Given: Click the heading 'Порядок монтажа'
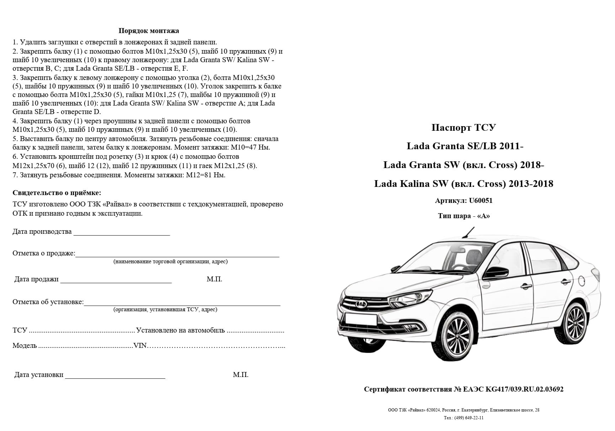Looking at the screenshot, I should [x=149, y=31].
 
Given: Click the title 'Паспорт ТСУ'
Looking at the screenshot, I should [x=464, y=128].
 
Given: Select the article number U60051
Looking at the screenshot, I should [x=481, y=200].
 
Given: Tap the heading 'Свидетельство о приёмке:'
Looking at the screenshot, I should [x=57, y=193].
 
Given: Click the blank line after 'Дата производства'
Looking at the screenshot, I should [x=122, y=233].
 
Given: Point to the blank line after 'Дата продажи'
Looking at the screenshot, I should [x=116, y=281].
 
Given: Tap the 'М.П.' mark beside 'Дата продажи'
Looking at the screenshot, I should [x=214, y=279].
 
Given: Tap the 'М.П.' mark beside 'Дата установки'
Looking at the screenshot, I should [x=241, y=375].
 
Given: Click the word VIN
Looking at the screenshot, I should [x=140, y=346].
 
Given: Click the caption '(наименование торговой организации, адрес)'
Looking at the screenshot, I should [x=171, y=262].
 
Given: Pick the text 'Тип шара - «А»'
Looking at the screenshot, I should [x=464, y=216].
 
